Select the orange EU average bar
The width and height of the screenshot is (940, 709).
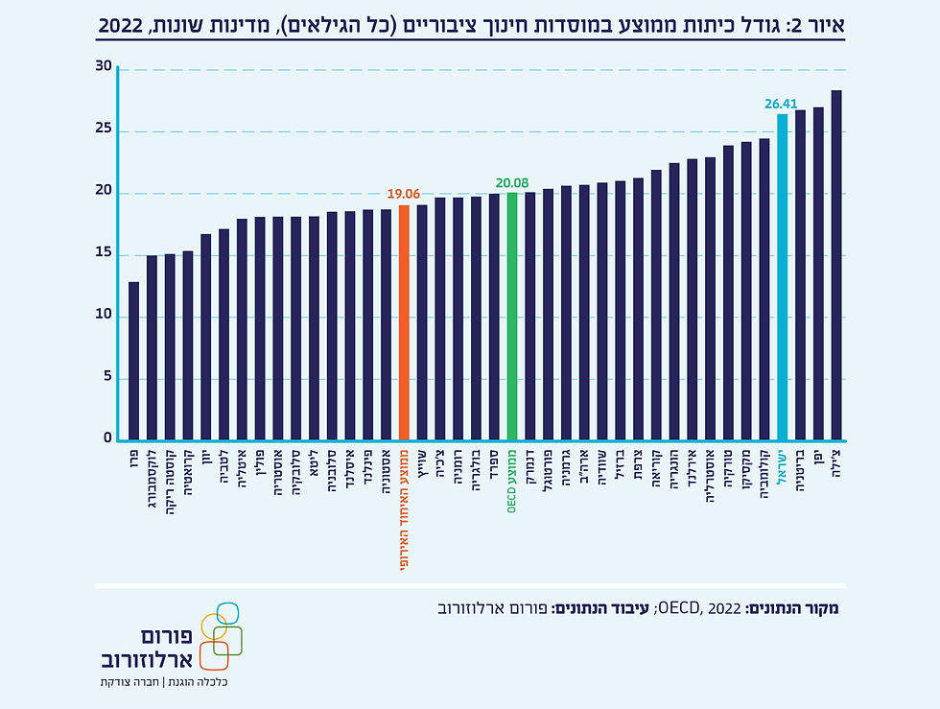tap(404, 322)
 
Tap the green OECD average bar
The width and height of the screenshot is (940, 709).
tap(512, 316)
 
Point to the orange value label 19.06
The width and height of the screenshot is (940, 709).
tap(404, 194)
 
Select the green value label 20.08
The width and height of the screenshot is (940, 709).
tap(512, 181)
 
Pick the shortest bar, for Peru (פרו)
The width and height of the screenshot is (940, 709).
tap(134, 361)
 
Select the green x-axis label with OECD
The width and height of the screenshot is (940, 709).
tap(512, 481)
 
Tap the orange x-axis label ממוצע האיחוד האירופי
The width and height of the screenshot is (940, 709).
tap(404, 508)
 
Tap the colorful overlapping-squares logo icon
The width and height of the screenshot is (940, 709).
tap(220, 635)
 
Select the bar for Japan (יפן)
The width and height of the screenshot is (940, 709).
tap(818, 273)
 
